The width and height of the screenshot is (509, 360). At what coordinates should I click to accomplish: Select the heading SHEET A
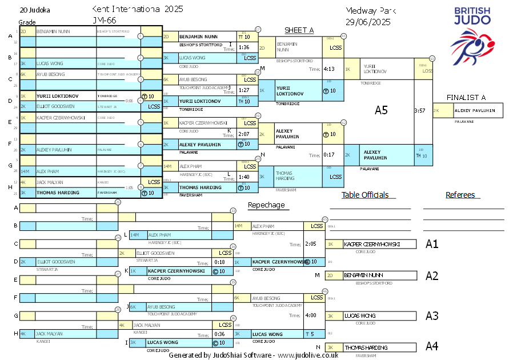pos(299,30)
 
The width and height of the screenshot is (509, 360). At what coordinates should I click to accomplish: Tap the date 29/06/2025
pos(368,22)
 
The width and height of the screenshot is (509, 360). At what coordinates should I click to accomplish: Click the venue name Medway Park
pos(371,11)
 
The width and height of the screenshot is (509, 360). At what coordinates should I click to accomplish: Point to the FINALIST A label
pos(467,98)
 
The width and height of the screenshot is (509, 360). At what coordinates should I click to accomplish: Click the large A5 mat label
pos(381,110)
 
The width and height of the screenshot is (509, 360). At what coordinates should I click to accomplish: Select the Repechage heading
pos(266,205)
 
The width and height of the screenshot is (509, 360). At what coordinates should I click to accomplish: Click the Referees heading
pos(460,195)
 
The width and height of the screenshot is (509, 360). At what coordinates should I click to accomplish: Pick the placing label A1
pos(432,244)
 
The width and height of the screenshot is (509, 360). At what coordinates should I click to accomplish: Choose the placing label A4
pos(432,346)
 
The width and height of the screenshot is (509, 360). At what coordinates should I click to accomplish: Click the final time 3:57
pos(420,110)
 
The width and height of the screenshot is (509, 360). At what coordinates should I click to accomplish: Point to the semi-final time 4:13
pos(329,69)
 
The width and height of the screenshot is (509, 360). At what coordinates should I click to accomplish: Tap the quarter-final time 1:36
pos(244,47)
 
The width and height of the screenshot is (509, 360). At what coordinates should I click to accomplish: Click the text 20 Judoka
pos(35,10)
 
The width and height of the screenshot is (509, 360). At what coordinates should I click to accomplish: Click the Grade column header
pos(27,22)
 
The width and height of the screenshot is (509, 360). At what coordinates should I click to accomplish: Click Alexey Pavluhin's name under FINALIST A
pos(474,111)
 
